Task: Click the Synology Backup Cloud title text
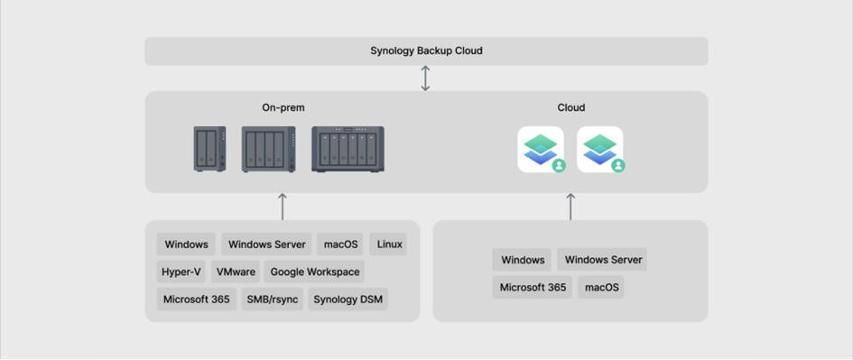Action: (x=426, y=51)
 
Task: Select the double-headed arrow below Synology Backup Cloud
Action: (x=426, y=78)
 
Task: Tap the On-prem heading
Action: (x=283, y=107)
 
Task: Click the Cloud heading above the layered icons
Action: (x=570, y=107)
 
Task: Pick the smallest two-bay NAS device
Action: (x=209, y=149)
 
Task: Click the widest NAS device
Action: (x=348, y=149)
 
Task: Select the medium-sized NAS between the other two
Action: (x=269, y=149)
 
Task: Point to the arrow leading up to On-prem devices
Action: (x=283, y=206)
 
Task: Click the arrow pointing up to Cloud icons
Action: (x=570, y=206)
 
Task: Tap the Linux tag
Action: (x=389, y=245)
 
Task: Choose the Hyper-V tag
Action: (x=181, y=272)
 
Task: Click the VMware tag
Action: (x=236, y=272)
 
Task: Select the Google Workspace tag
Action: (x=314, y=272)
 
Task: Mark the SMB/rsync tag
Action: (x=272, y=300)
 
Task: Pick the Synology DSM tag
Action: (x=348, y=300)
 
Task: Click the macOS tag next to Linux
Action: (x=340, y=245)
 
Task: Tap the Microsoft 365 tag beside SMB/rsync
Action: (x=196, y=300)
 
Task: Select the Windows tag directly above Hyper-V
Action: (x=186, y=245)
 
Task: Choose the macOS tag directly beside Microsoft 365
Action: (x=601, y=288)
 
